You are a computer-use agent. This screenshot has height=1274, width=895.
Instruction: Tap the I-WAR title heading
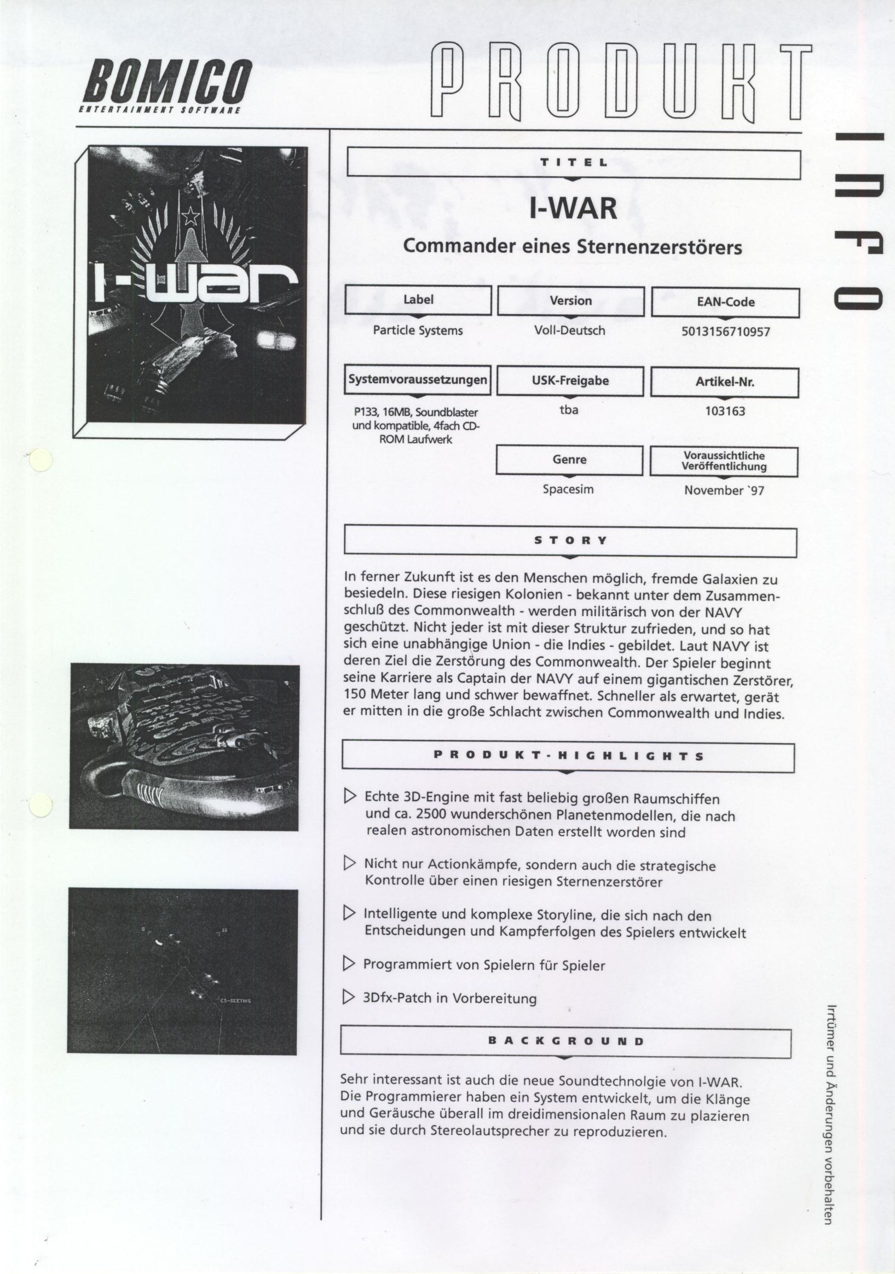[573, 209]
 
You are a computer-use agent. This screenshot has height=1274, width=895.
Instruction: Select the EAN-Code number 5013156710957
[725, 332]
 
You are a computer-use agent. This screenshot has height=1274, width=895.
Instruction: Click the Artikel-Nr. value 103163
[725, 411]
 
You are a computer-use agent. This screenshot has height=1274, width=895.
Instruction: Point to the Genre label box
[569, 460]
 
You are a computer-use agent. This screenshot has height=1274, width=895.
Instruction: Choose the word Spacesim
[568, 489]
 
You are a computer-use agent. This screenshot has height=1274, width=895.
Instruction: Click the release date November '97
[724, 490]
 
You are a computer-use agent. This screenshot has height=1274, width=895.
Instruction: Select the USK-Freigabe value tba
[569, 410]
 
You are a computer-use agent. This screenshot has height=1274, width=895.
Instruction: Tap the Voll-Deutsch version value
[569, 331]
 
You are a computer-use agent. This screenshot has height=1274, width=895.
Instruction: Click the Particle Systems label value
[417, 331]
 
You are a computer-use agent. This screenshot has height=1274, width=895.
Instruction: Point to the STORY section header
[570, 541]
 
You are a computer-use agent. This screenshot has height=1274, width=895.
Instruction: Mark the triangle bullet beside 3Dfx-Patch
[349, 998]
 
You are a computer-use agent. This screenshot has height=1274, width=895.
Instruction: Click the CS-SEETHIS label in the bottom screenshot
[236, 1000]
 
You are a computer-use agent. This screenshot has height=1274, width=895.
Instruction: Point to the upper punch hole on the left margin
[40, 460]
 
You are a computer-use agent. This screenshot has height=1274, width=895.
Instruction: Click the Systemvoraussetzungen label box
[417, 380]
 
